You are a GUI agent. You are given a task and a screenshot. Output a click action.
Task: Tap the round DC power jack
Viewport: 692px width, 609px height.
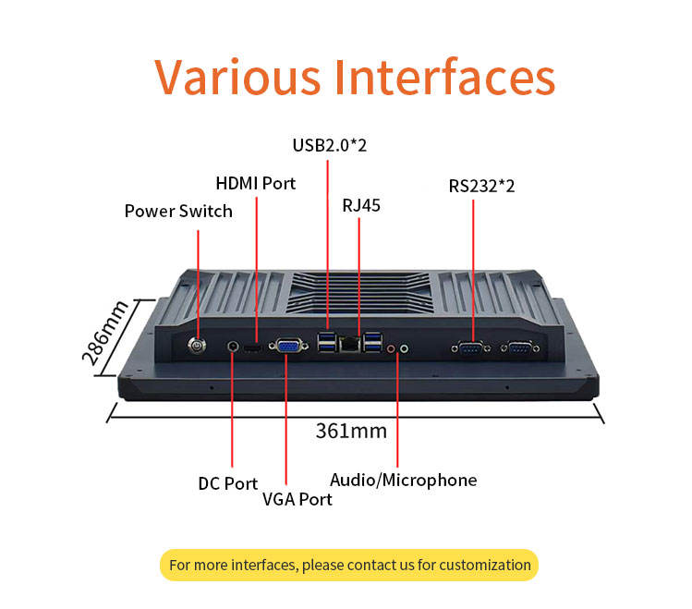(x=232, y=347)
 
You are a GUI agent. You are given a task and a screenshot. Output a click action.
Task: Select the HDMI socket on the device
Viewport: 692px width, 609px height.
(x=256, y=347)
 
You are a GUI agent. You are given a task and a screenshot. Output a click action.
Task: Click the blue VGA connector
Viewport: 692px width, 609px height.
(x=286, y=347)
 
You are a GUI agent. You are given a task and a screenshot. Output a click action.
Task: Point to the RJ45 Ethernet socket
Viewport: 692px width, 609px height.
(x=350, y=344)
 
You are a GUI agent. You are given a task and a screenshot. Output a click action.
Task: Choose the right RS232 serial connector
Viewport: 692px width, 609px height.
(x=518, y=347)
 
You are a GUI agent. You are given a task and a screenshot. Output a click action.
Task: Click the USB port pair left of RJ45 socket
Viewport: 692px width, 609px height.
(x=327, y=343)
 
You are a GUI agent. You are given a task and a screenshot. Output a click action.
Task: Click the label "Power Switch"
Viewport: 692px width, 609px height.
(x=178, y=212)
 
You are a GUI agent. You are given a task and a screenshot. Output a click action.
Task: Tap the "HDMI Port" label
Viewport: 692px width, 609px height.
(x=255, y=183)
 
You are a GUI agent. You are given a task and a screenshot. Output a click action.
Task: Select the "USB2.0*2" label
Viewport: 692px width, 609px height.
(x=329, y=145)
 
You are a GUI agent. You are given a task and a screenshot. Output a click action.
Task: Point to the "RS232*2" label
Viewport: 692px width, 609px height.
(x=481, y=186)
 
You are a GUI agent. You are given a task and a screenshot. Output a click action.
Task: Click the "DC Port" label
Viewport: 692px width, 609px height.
(x=227, y=483)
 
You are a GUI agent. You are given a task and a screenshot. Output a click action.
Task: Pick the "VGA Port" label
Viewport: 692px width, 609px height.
(x=297, y=499)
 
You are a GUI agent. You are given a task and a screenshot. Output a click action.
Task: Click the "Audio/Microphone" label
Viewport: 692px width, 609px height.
(x=403, y=480)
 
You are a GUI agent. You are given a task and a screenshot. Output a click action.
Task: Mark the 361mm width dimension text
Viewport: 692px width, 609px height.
(x=351, y=431)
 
